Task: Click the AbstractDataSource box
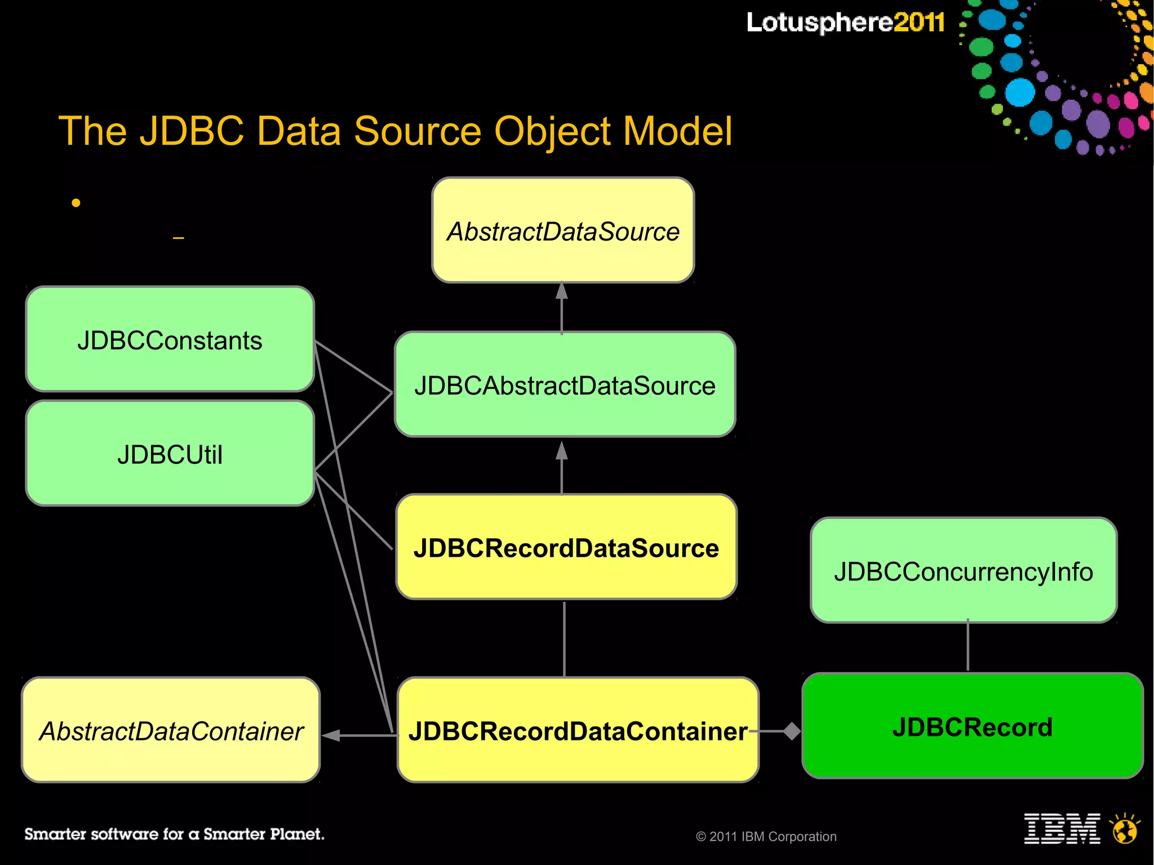tap(563, 230)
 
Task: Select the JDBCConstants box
tap(170, 339)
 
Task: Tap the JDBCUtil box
tap(170, 454)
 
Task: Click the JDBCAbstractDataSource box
tap(565, 385)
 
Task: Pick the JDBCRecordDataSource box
tap(566, 547)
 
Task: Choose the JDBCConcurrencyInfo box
tap(964, 570)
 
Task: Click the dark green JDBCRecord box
tap(973, 726)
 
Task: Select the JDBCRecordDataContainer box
tap(578, 730)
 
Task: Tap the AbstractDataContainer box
tap(171, 730)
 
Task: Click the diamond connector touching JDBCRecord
tap(792, 731)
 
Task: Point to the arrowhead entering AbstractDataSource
tap(562, 291)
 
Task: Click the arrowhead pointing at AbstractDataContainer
tap(331, 735)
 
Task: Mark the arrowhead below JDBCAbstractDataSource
tap(562, 451)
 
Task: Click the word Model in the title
tap(678, 131)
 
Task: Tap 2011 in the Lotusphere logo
tap(918, 23)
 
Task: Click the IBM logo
tap(1062, 829)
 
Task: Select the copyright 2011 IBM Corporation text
tap(766, 837)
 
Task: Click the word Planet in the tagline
tap(296, 834)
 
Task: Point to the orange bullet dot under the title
tap(76, 203)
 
